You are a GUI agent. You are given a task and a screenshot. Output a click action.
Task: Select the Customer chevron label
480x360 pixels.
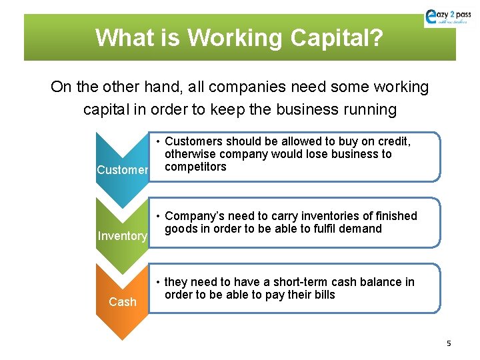tap(122, 170)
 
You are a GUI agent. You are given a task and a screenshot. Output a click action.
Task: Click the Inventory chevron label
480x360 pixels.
tap(122, 236)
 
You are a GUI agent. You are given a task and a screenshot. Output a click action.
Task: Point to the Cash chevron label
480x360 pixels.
tap(122, 302)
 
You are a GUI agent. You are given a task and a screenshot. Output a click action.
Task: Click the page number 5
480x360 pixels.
tap(449, 343)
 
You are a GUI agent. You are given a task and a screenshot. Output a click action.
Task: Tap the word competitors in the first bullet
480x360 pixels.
tap(195, 167)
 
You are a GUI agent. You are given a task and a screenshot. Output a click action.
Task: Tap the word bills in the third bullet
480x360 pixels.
tap(321, 295)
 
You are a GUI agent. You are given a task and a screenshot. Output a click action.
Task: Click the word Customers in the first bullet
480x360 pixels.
tap(193, 141)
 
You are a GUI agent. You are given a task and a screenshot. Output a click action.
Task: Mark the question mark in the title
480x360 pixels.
tap(376, 38)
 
